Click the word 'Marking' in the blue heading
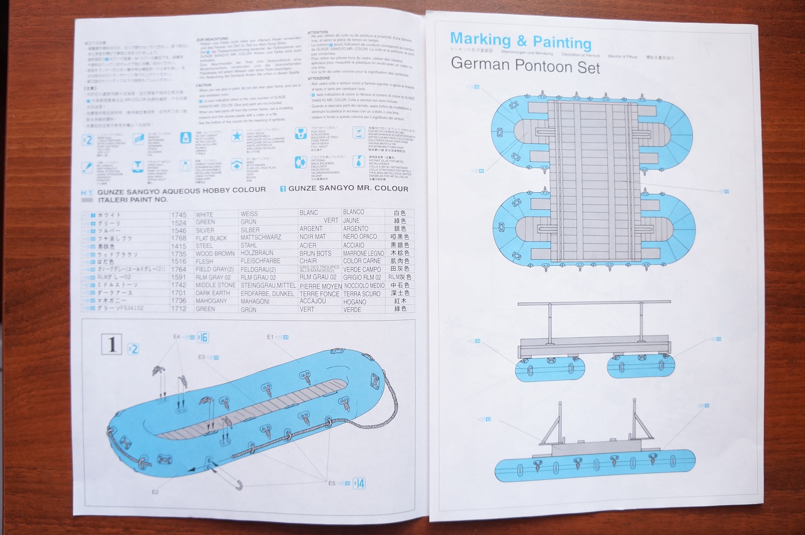[480, 39]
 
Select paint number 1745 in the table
[179, 215]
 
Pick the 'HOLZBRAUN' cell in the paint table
[257, 253]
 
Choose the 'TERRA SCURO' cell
[362, 294]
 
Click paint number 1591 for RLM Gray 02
[179, 277]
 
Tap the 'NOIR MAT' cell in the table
[312, 237]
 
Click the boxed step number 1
[112, 344]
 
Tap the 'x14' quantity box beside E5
[359, 484]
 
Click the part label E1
[270, 337]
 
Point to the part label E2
[155, 492]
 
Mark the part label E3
[201, 357]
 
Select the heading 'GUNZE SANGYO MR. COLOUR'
[348, 188]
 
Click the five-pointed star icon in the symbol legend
[237, 135]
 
